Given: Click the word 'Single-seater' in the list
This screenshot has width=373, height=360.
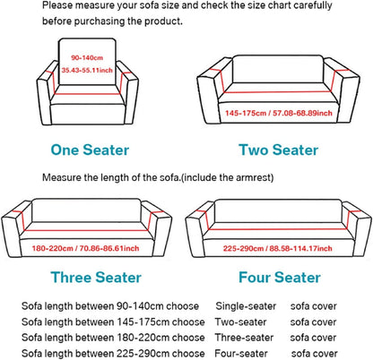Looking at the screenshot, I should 244,306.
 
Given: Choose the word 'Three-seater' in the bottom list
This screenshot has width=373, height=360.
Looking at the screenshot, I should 244,338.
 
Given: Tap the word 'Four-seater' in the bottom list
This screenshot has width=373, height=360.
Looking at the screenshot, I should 241,353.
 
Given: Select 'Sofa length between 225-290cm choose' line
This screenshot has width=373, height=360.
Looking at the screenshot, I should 112,353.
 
